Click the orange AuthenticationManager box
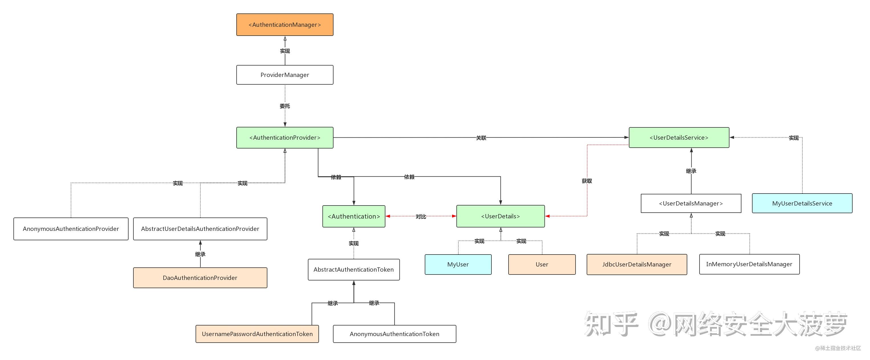[285, 25]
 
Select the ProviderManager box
[285, 75]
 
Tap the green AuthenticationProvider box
[285, 137]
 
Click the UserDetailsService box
[679, 137]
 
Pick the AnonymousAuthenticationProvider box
[71, 229]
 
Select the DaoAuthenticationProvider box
[200, 278]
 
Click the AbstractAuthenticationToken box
[353, 269]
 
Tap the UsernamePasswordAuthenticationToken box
[257, 334]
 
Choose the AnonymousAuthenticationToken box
[395, 334]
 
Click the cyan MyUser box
[458, 265]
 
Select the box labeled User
[542, 265]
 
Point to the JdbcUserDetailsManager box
[637, 265]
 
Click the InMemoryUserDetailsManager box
[749, 264]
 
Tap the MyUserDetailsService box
[802, 203]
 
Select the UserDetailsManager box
[691, 203]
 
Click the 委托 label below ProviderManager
[285, 106]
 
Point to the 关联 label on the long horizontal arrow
[481, 138]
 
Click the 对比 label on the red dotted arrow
[421, 216]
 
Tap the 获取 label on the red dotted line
[587, 181]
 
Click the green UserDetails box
[501, 216]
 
